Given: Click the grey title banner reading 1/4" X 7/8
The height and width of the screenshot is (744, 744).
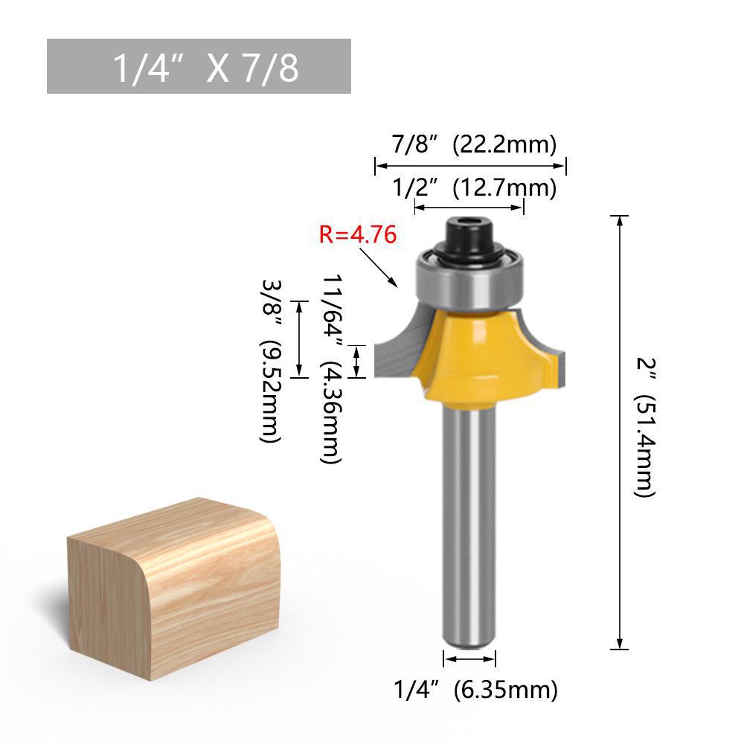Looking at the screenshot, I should (199, 66).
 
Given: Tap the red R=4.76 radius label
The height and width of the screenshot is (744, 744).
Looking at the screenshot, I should (357, 235).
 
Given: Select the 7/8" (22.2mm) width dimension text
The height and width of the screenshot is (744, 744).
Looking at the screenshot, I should (474, 144).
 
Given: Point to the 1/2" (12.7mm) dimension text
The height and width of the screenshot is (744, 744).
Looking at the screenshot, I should (474, 188).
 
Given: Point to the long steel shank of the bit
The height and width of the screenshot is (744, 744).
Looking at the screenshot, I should (469, 521).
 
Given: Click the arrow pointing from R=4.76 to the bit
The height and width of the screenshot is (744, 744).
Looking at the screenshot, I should (379, 268).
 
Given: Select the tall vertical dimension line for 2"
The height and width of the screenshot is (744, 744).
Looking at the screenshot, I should (619, 432).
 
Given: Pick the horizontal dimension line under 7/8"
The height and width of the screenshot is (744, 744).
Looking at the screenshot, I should (470, 166).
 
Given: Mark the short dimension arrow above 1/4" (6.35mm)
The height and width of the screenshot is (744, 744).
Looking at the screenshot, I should (469, 659).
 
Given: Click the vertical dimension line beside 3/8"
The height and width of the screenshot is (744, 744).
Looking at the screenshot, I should (299, 339).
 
